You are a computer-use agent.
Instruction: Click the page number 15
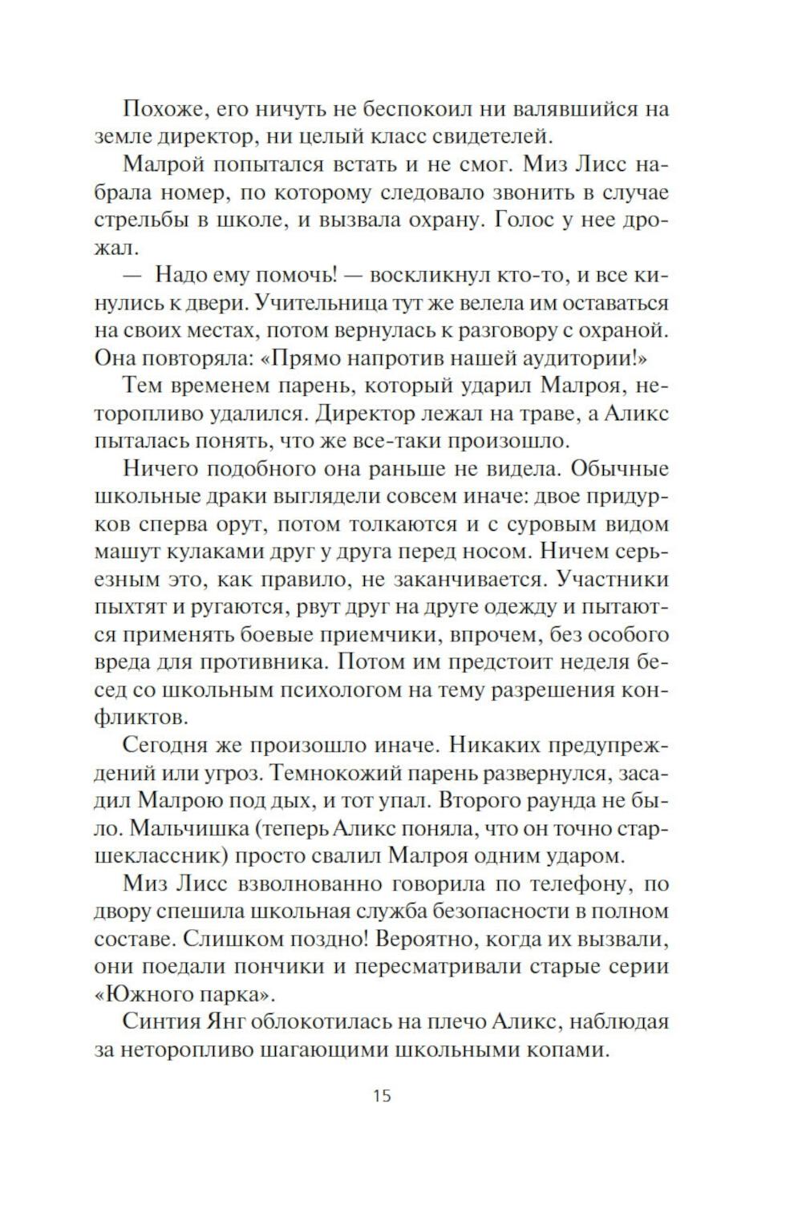[382, 1095]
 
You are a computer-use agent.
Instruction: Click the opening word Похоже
[165, 109]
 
